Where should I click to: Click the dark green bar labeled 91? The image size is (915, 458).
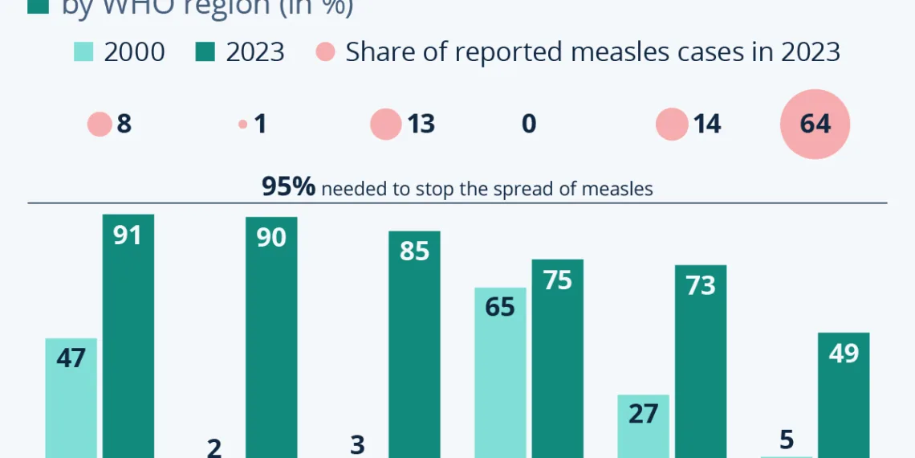pos(128,337)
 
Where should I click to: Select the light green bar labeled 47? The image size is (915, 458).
pos(71,398)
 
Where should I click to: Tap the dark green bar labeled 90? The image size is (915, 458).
pos(271,337)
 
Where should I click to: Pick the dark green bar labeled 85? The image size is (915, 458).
pos(414,346)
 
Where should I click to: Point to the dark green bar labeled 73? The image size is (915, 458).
pos(700,362)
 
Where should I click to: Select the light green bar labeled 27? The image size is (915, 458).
pos(643,426)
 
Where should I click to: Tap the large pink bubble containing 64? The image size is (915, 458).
pos(815,124)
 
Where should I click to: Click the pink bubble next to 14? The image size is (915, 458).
pos(672,125)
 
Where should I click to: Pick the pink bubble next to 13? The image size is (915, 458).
pos(385,125)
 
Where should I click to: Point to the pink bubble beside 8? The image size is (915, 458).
pos(100,125)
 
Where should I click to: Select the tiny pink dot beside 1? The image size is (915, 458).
pos(242,125)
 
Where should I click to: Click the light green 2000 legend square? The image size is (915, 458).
pos(83,51)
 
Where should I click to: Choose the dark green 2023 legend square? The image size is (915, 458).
pos(205,51)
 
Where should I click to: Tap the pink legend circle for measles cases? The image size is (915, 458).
pos(325,51)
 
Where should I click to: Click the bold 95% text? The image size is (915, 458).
pos(289,186)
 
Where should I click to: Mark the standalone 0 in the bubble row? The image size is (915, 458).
pos(529,124)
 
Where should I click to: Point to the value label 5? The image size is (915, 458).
pos(786,440)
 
